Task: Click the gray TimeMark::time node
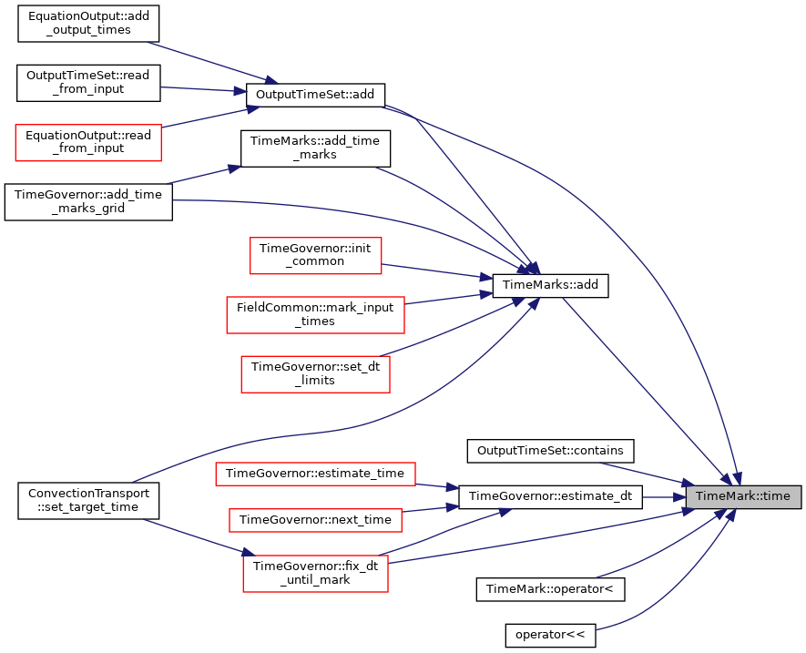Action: pyautogui.click(x=743, y=496)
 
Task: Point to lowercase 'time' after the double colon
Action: pyautogui.click(x=777, y=496)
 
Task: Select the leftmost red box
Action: pyautogui.click(x=88, y=143)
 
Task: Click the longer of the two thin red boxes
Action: pyautogui.click(x=315, y=474)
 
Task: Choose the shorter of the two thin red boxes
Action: pyautogui.click(x=315, y=520)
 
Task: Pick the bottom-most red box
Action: pyautogui.click(x=315, y=574)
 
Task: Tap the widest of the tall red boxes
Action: pyautogui.click(x=315, y=315)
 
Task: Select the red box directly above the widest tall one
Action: pyautogui.click(x=315, y=256)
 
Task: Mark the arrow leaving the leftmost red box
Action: pyautogui.click(x=209, y=117)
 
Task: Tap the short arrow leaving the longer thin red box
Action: pyautogui.click(x=437, y=486)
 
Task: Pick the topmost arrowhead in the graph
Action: pyautogui.click(x=270, y=81)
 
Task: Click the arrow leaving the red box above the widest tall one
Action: pyautogui.click(x=437, y=270)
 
